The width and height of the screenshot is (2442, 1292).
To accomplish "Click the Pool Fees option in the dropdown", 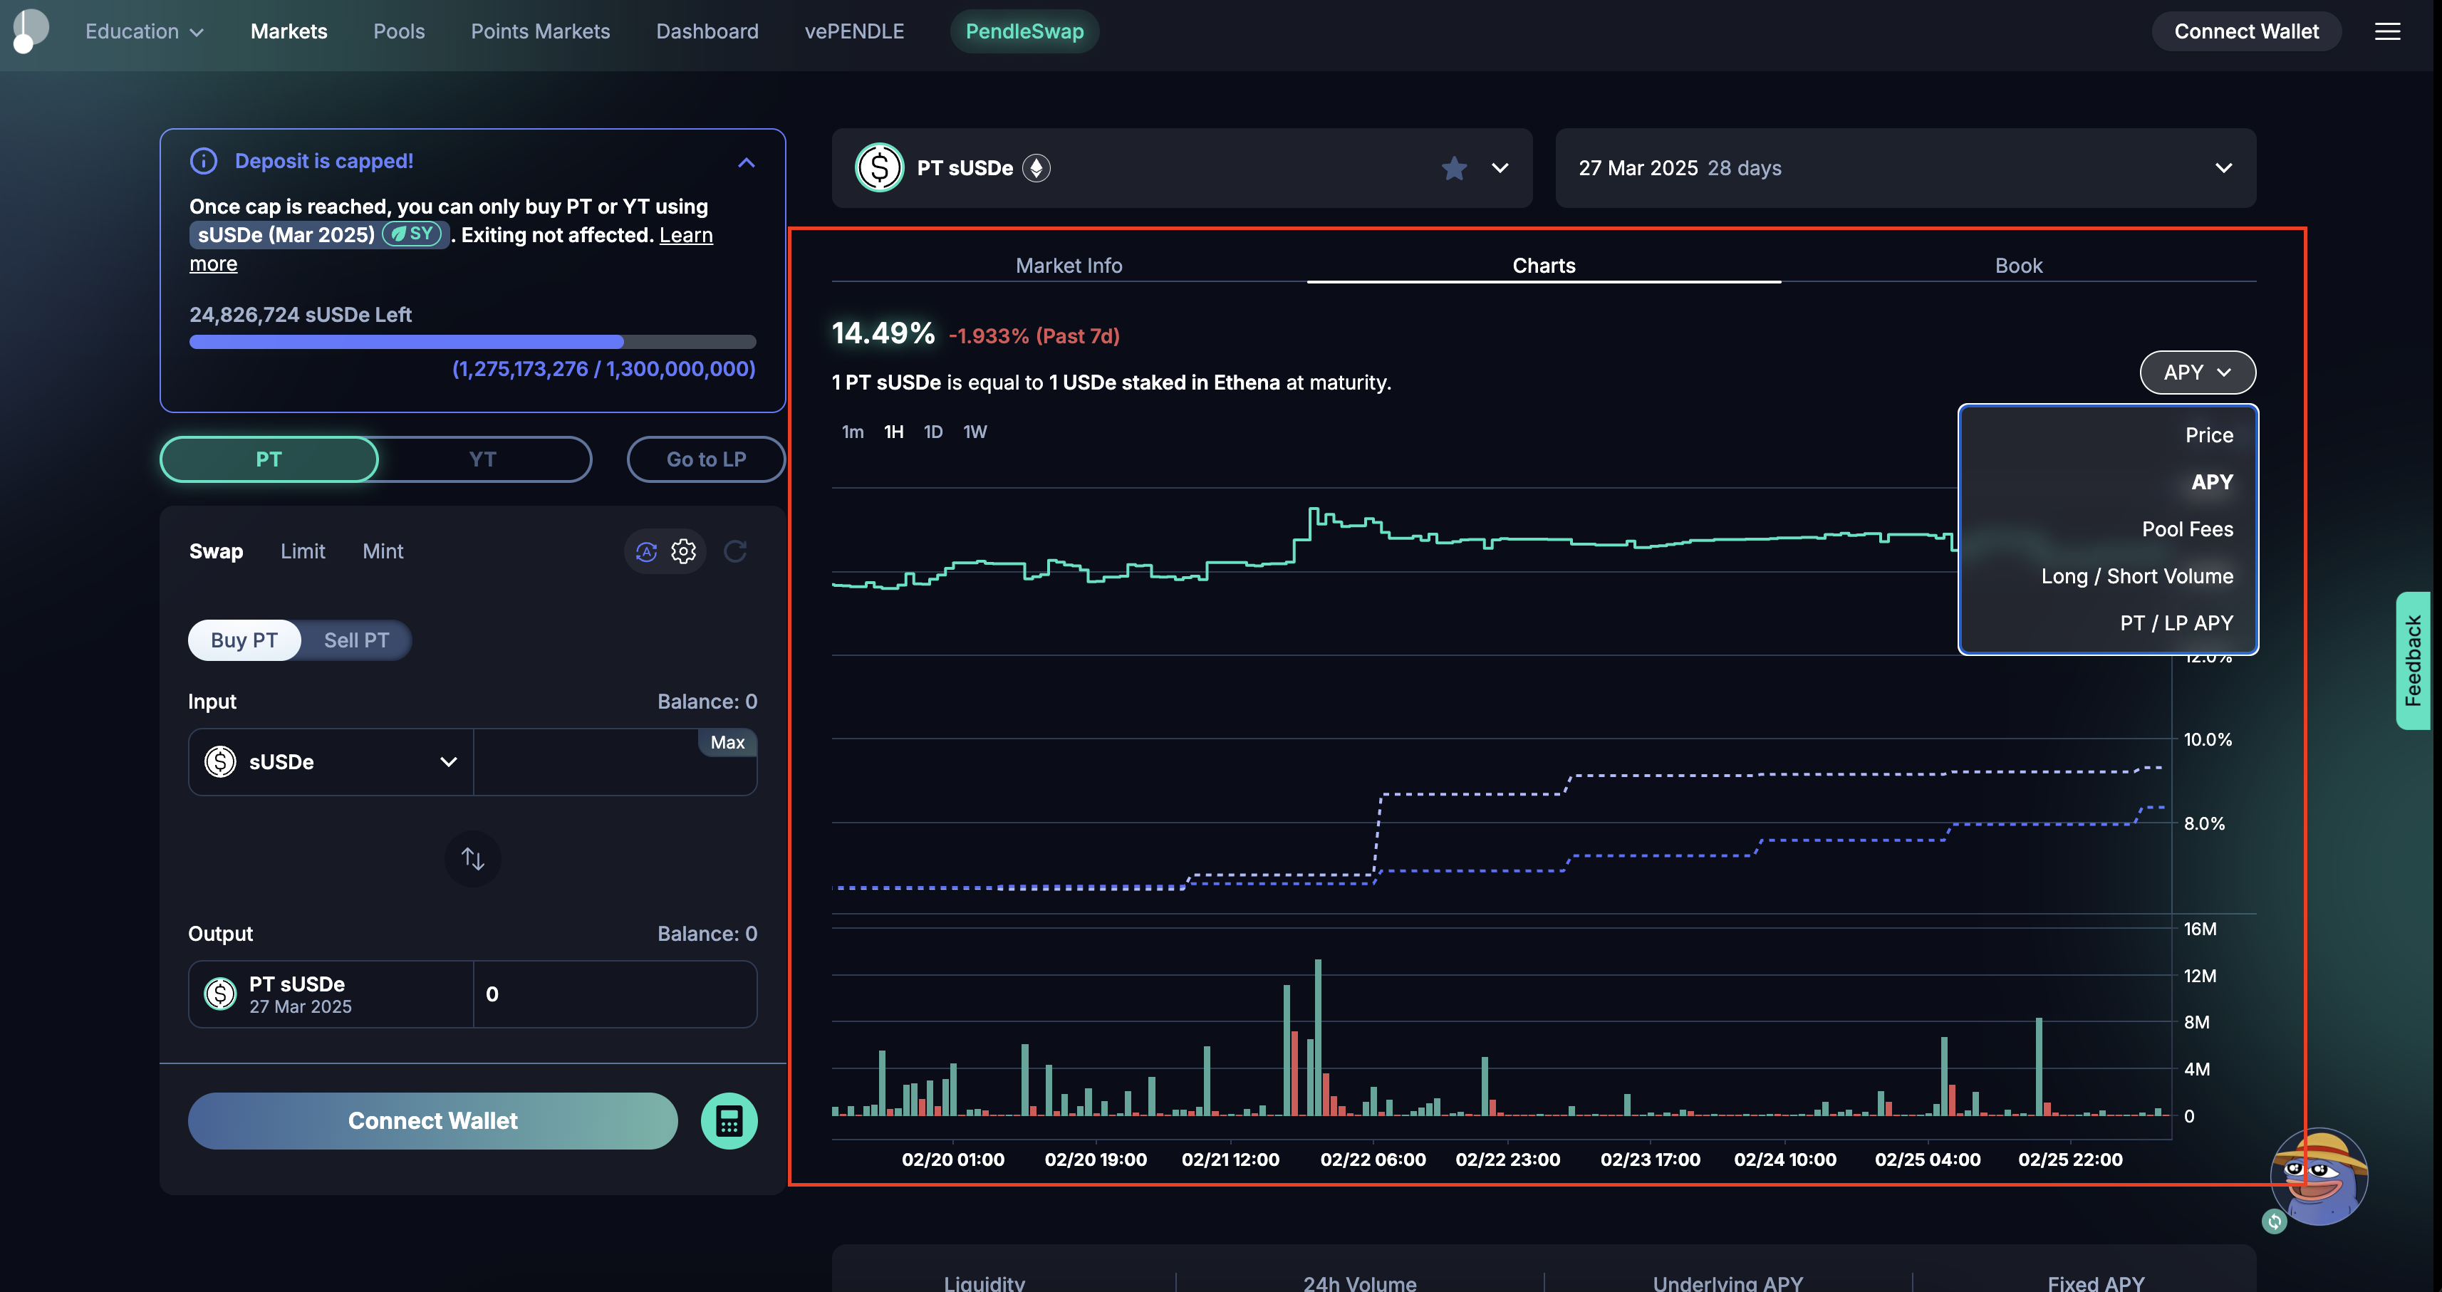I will coord(2186,529).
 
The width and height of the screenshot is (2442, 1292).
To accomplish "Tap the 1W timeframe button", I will coord(975,432).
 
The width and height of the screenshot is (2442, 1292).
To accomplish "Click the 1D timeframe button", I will coord(932,432).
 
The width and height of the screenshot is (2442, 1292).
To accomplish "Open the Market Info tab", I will coord(1069,266).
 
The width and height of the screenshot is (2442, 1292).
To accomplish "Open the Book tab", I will coord(2017,266).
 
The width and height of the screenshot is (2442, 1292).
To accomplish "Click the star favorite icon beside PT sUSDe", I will coord(1453,169).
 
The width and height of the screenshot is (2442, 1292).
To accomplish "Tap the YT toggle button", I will coord(482,459).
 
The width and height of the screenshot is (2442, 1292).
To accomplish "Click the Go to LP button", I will coord(705,459).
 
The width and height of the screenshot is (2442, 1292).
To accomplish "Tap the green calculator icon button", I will coord(728,1121).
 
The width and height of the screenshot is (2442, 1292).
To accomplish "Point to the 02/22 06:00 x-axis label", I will coord(1372,1160).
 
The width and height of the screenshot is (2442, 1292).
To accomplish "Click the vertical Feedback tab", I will coord(2413,661).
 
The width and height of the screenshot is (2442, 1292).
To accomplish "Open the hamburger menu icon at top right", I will coord(2387,31).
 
